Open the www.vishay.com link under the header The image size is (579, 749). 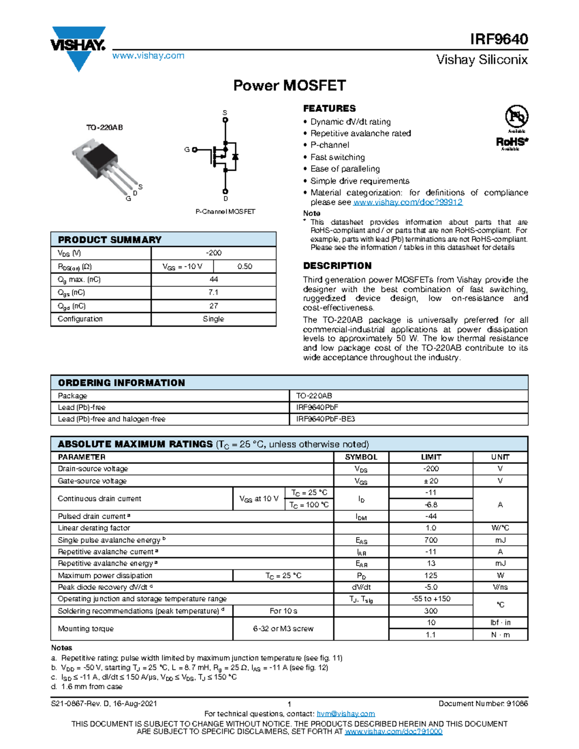148,56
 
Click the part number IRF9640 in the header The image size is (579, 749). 499,39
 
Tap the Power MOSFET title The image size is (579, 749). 289,85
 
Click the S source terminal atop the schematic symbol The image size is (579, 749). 225,120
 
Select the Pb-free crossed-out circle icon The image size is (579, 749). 516,116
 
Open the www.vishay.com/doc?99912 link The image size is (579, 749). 408,202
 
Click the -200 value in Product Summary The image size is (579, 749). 213,253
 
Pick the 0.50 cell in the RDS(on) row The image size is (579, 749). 245,266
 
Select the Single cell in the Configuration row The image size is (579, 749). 213,319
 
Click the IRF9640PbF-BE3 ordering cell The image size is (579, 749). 325,419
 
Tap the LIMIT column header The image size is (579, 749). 431,457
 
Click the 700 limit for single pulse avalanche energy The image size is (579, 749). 431,540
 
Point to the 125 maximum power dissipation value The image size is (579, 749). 431,575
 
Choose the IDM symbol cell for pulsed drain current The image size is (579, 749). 361,517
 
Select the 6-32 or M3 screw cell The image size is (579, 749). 283,628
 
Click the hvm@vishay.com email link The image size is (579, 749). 345,714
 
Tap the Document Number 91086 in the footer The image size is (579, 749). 483,704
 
